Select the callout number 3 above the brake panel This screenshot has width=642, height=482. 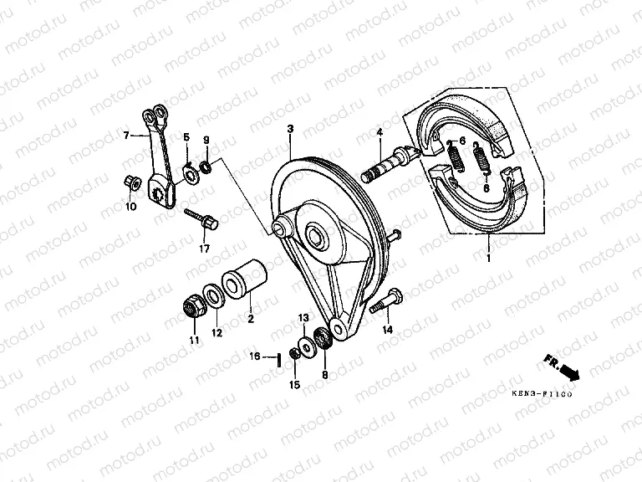point(289,129)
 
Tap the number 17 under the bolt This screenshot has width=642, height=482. point(203,249)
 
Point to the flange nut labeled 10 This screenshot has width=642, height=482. point(130,181)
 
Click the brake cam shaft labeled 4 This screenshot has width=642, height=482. point(387,165)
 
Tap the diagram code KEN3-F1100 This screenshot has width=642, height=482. point(543,395)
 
